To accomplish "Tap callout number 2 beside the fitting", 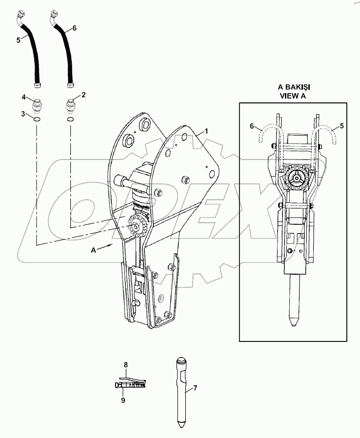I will click(83, 95).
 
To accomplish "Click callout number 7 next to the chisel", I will click(195, 388).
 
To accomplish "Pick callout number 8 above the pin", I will click(125, 364).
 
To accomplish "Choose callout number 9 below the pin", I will click(123, 400).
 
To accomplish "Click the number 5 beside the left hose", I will click(19, 40).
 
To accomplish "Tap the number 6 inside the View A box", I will click(252, 126).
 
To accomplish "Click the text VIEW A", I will click(293, 96).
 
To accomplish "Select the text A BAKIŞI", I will click(294, 87).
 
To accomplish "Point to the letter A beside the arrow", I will click(93, 250).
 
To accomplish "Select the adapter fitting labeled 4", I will click(38, 103).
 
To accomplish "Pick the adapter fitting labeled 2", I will click(70, 103).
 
